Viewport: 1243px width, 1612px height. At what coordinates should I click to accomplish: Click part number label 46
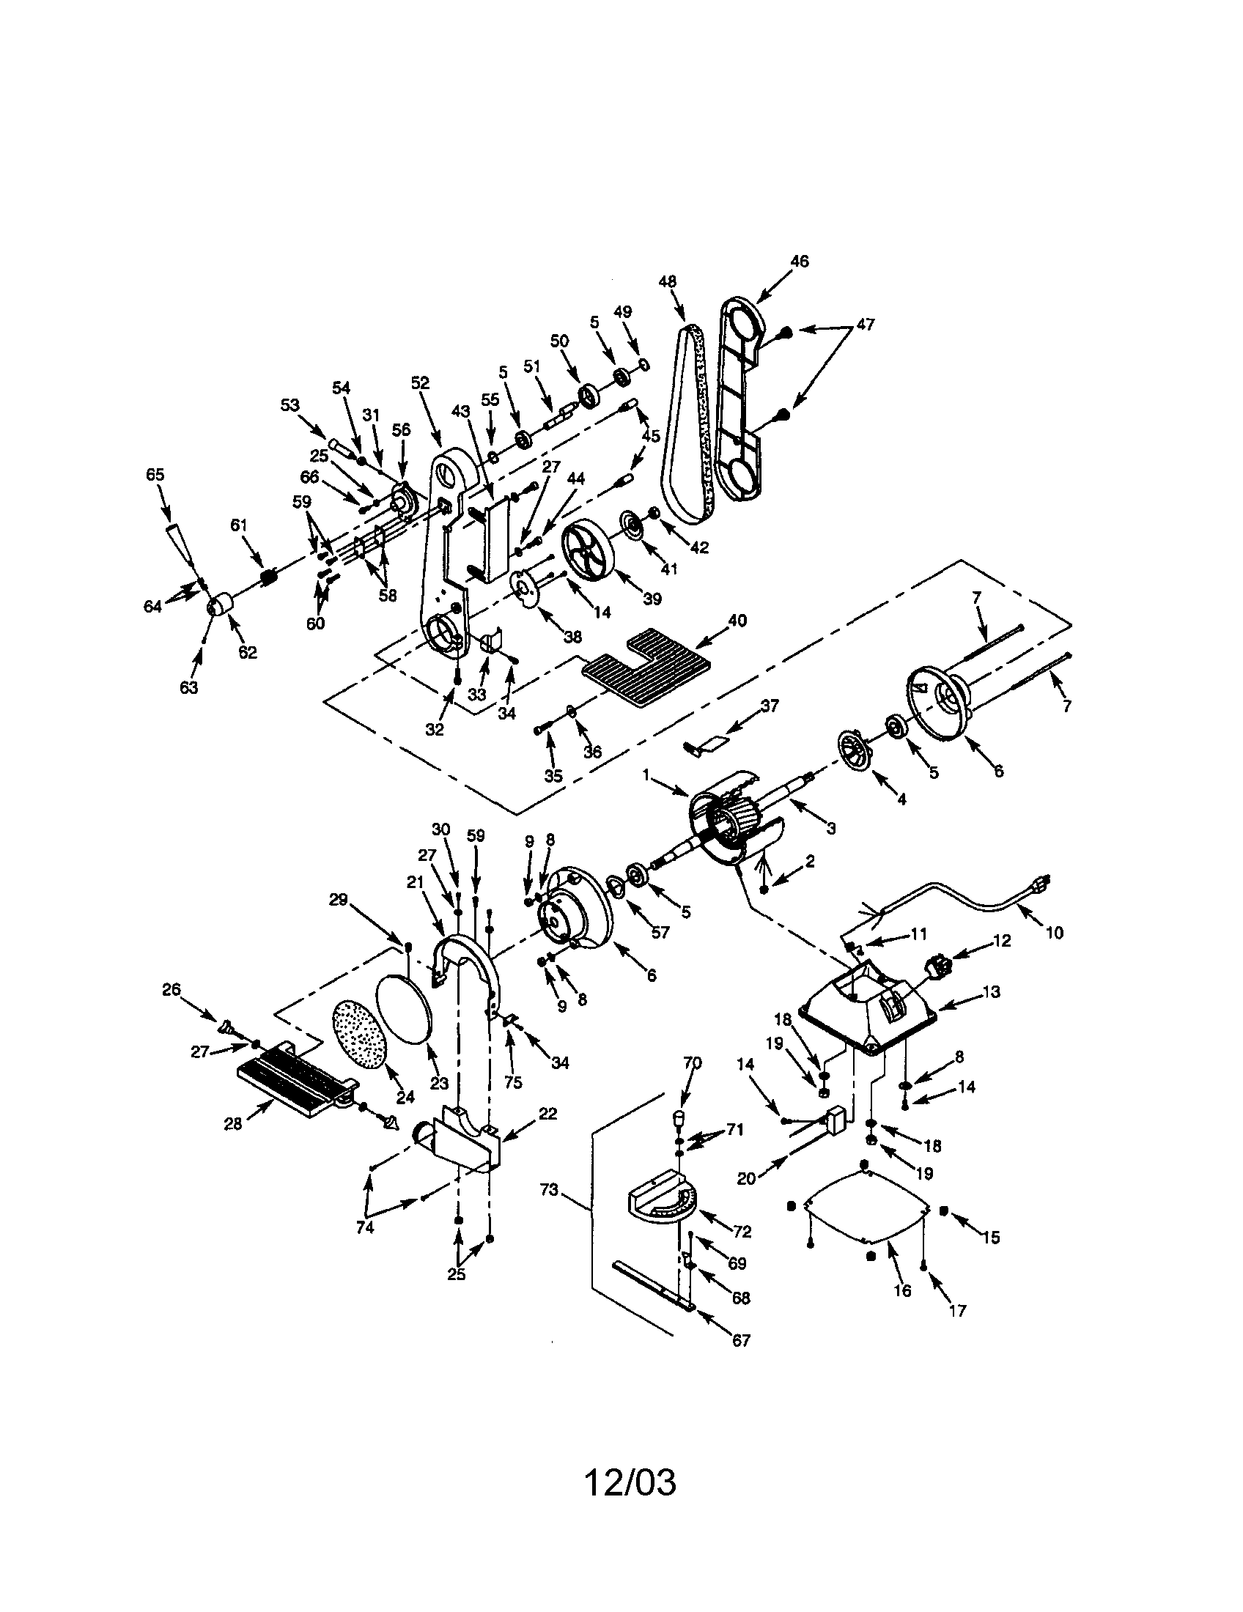pyautogui.click(x=799, y=262)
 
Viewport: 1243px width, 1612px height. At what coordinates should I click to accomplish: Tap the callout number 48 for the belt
pyautogui.click(x=667, y=281)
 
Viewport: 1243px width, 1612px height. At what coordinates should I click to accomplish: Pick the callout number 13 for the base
pyautogui.click(x=992, y=992)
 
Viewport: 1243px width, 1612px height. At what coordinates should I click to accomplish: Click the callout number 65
pyautogui.click(x=155, y=475)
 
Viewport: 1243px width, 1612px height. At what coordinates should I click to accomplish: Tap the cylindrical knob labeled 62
pyautogui.click(x=218, y=607)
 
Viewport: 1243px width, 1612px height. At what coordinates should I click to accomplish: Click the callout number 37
pyautogui.click(x=770, y=706)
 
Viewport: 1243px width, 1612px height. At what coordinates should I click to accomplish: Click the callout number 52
pyautogui.click(x=420, y=383)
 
